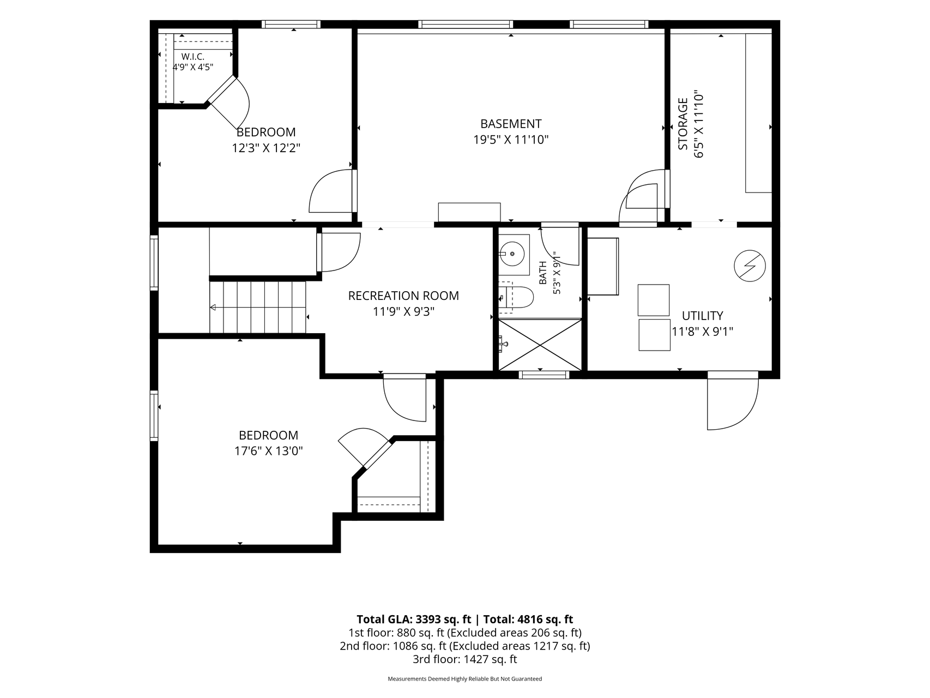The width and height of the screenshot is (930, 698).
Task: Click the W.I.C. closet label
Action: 193,57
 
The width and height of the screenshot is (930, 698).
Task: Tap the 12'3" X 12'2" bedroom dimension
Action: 267,148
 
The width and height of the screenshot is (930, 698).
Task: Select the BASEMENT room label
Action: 511,124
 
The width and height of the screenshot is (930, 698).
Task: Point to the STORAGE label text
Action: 683,124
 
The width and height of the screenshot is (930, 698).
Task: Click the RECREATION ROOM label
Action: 403,296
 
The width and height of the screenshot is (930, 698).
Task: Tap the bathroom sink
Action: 514,254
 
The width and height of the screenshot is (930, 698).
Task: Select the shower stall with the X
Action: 540,345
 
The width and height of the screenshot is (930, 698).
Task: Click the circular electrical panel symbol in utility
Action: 750,266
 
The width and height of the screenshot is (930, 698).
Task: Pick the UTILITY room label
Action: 703,316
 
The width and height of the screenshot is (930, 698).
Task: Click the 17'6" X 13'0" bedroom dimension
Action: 268,451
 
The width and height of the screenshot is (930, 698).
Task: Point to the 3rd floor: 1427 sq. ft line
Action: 465,659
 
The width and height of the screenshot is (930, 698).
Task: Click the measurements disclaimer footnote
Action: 465,679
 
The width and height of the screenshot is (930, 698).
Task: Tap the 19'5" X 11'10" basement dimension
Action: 511,140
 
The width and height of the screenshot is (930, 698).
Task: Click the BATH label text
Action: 543,273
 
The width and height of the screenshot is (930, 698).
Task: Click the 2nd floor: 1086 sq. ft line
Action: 465,646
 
